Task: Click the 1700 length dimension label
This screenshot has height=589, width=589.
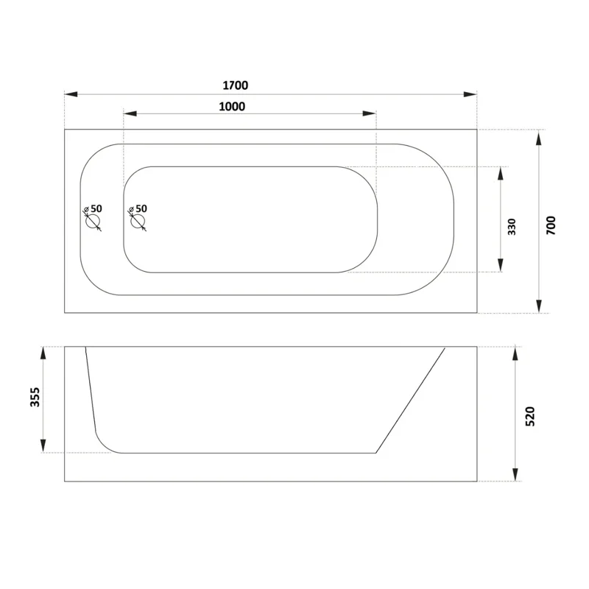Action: (x=236, y=85)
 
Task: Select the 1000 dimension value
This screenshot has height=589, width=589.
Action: (x=232, y=107)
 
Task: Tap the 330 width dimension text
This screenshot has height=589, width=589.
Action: (x=512, y=227)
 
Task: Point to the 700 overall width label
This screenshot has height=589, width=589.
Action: (x=551, y=225)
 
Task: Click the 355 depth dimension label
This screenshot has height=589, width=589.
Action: (x=35, y=397)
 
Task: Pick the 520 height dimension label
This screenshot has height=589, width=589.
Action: (x=529, y=416)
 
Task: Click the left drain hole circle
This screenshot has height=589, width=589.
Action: (x=92, y=222)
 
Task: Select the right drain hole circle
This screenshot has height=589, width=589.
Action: (x=137, y=222)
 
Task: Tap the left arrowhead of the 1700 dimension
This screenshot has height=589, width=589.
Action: (x=71, y=94)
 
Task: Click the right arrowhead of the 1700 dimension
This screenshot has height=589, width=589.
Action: (x=470, y=94)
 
